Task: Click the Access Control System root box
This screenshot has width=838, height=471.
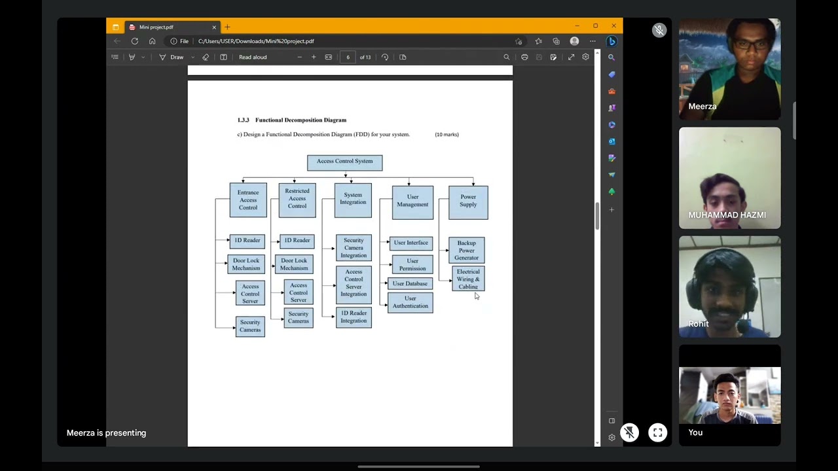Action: (344, 162)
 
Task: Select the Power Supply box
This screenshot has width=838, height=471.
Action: (468, 201)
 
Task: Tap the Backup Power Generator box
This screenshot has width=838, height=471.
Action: (467, 250)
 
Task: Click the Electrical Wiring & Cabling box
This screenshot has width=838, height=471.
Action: (468, 279)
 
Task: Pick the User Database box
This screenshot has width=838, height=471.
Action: (410, 284)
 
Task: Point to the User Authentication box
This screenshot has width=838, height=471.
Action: (410, 302)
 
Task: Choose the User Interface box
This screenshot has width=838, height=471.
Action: (410, 243)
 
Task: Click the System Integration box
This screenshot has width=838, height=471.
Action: (353, 200)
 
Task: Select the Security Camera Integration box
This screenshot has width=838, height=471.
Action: (354, 248)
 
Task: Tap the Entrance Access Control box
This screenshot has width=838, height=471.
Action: (248, 200)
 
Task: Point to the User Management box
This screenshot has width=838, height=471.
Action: (412, 201)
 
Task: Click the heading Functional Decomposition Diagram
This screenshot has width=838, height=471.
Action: (301, 120)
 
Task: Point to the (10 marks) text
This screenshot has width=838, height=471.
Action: (446, 135)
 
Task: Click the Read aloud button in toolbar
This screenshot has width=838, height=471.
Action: (253, 58)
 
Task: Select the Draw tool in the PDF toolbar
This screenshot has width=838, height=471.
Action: (172, 58)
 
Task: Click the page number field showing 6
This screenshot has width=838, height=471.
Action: (348, 58)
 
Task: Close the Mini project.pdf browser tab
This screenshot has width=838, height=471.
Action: (214, 27)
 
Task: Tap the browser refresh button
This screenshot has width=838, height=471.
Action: (135, 41)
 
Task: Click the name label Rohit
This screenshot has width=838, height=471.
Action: (699, 324)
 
